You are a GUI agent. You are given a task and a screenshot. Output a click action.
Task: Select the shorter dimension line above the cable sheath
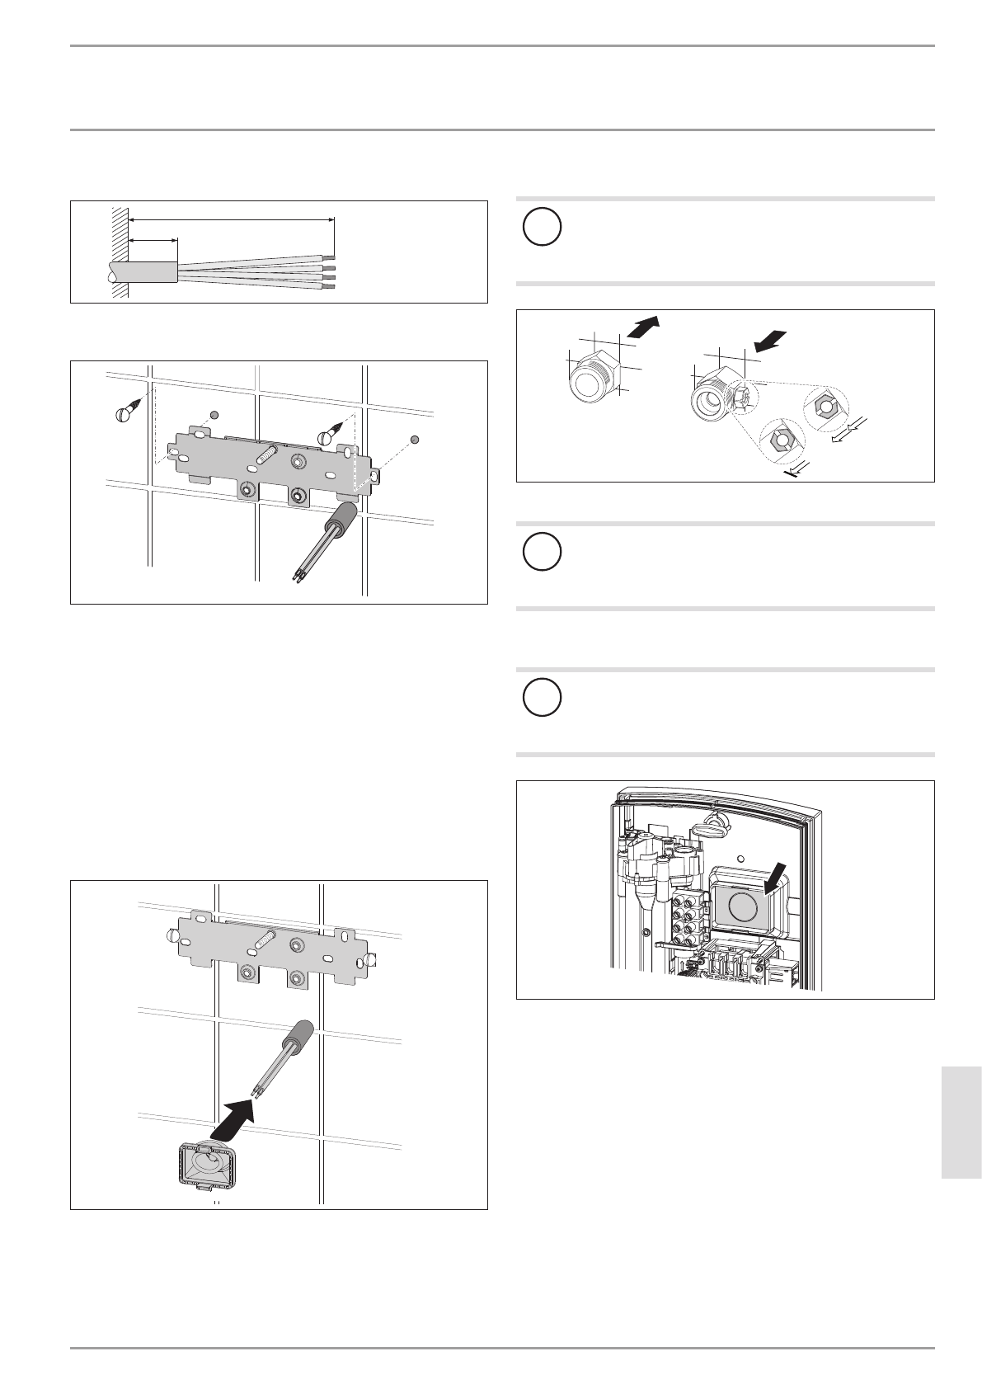pyautogui.click(x=154, y=241)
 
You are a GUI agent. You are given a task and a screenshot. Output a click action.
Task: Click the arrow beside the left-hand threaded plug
pyautogui.click(x=643, y=327)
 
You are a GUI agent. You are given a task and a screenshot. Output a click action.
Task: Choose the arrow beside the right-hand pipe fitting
pyautogui.click(x=770, y=341)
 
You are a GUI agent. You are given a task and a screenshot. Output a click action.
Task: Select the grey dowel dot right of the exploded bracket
pyautogui.click(x=415, y=439)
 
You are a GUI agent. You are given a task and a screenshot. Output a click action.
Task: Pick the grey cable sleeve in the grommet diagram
pyautogui.click(x=298, y=1033)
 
